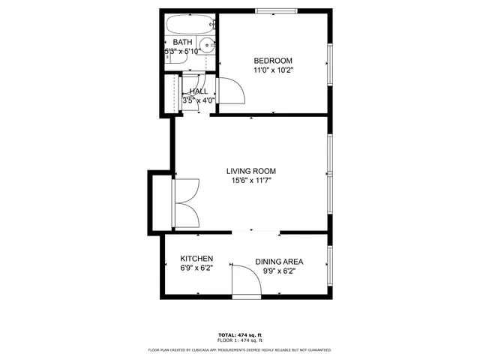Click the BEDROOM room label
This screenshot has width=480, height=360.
[272, 61]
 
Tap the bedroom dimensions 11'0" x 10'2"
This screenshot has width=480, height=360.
[272, 70]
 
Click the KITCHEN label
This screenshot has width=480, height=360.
[196, 258]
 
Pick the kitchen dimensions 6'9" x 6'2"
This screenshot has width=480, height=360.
[196, 268]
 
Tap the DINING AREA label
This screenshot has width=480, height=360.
[279, 262]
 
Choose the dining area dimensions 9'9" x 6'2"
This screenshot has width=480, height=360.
[279, 271]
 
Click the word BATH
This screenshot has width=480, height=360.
[182, 42]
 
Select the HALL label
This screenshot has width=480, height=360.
[199, 91]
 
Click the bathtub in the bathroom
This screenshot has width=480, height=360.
[190, 25]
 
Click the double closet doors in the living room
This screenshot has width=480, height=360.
[186, 202]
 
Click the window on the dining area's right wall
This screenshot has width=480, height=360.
[330, 262]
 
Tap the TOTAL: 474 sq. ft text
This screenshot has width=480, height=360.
[240, 334]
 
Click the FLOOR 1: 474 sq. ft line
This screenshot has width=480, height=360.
[240, 340]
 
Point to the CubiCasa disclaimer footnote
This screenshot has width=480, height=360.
[240, 349]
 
